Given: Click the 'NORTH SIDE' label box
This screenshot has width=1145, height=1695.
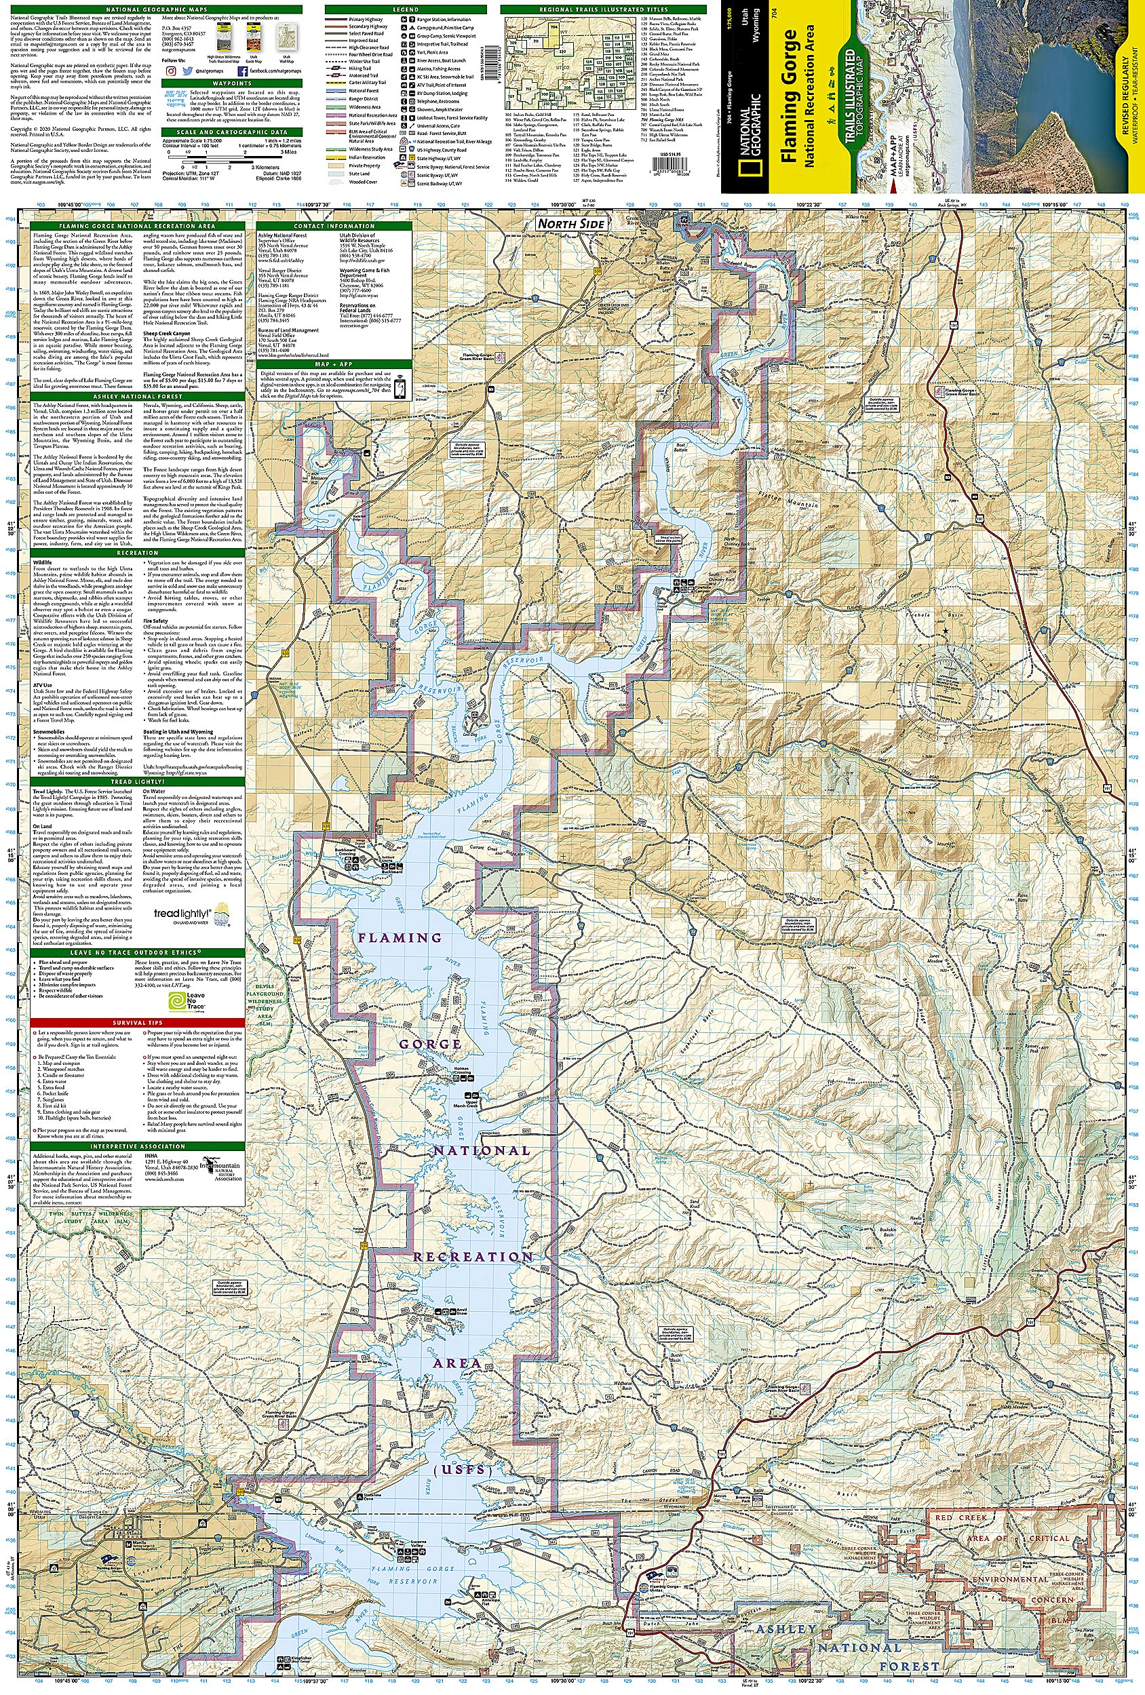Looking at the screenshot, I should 571,224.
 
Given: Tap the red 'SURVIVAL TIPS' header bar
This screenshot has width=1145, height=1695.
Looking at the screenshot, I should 137,1023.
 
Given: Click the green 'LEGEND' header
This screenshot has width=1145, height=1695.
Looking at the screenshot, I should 406,9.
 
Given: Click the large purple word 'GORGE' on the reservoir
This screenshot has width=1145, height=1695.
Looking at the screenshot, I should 429,1045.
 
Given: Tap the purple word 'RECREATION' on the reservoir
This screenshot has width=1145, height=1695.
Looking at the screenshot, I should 474,1257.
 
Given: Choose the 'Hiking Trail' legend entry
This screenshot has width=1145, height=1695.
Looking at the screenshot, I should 360,69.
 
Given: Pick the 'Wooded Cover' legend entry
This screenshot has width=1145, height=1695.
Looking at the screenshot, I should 362,182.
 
